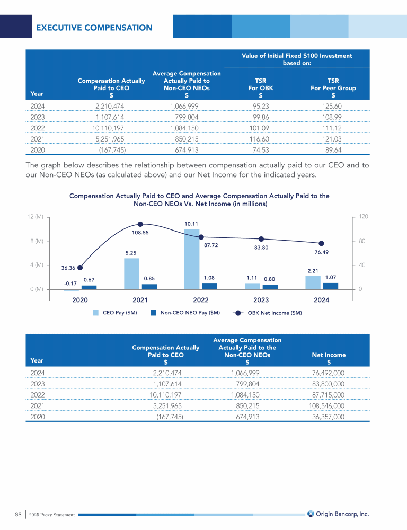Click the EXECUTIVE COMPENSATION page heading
tap(94, 28)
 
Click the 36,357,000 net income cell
tap(329, 417)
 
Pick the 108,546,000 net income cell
tap(326, 406)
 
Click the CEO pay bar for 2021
tap(131, 273)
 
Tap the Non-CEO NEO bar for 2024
tap(331, 286)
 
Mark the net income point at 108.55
tap(140, 224)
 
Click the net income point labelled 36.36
tap(80, 267)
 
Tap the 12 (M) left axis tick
tap(35, 217)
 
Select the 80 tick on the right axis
tap(362, 241)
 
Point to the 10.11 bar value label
tap(191, 224)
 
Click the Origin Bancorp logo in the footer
tap(338, 513)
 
